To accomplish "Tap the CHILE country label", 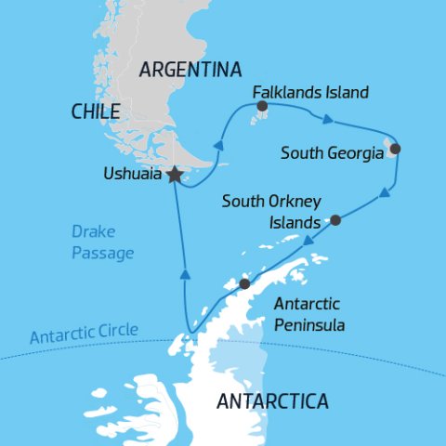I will point(96,112).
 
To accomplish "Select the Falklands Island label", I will point(311,93).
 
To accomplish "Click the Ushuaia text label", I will point(131,174).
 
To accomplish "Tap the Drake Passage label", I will point(102,242).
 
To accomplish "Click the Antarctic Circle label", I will point(84,331).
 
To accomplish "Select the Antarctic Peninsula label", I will point(308,315).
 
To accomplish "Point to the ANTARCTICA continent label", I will point(272,401).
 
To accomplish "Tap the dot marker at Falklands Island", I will point(261,107).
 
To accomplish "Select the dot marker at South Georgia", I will point(395,149).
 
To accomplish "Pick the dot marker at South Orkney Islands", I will point(335,220).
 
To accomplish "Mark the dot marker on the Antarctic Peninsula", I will point(244,284).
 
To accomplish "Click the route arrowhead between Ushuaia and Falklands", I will point(218,145).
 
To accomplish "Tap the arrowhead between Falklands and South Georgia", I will point(327,118).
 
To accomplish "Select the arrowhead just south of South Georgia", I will point(384,193).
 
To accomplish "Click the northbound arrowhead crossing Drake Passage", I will point(185,274).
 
